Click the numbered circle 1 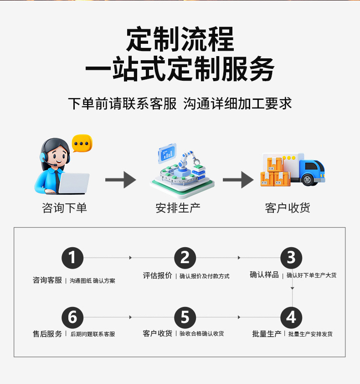coord(72,258)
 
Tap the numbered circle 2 coord(185,258)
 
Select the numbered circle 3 coord(291,258)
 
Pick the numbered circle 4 coord(291,317)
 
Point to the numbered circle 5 coord(185,317)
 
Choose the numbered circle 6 coord(72,317)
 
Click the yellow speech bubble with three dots coord(82,144)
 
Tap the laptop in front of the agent coord(73,183)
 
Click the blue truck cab coord(313,171)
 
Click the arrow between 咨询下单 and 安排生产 coord(121,180)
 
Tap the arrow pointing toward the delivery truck coord(238,180)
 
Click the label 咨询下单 coord(64,208)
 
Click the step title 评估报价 coord(157,275)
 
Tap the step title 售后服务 coord(47,334)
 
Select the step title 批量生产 coord(267,334)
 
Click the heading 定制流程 coord(180,40)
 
